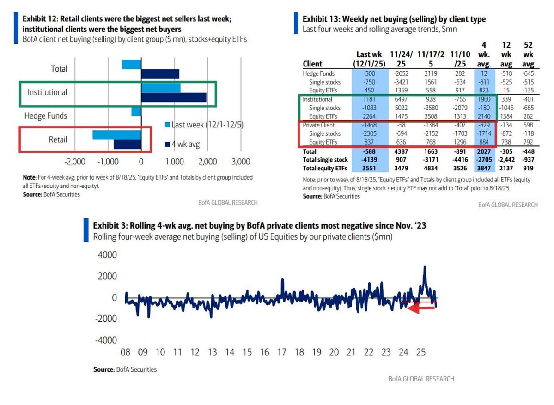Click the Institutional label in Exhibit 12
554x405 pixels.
[47, 92]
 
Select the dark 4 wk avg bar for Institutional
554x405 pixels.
[173, 97]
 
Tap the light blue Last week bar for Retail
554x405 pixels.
[116, 135]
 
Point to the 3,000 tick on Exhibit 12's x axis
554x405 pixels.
[240, 162]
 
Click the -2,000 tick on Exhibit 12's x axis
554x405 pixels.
[75, 162]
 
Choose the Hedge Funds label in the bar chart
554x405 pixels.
[46, 116]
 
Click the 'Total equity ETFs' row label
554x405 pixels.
[325, 168]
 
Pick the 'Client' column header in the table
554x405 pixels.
[312, 64]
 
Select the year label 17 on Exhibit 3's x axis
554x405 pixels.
[281, 352]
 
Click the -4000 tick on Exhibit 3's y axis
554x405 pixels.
[106, 340]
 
